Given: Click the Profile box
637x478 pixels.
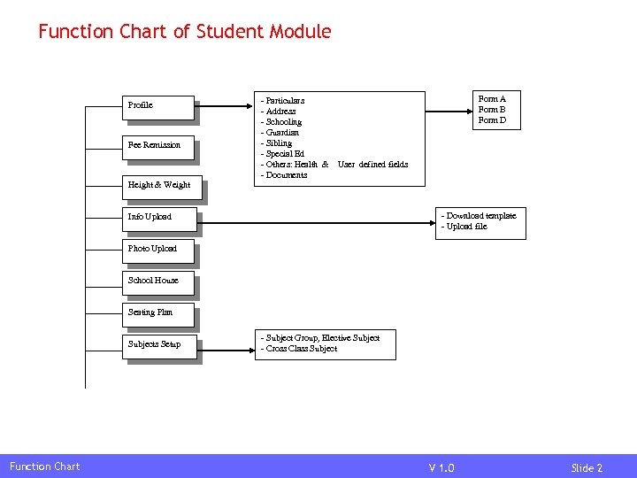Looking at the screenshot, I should pyautogui.click(x=157, y=106).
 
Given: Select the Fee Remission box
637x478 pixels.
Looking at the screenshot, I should pyautogui.click(x=157, y=146).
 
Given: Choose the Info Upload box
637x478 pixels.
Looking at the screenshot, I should pyautogui.click(x=157, y=218).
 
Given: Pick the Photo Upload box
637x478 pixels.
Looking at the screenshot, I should pyautogui.click(x=157, y=250).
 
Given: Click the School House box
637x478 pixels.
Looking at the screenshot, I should pyautogui.click(x=157, y=281).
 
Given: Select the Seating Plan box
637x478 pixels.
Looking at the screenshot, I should pyautogui.click(x=157, y=313).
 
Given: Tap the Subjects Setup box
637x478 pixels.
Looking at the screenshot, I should pyautogui.click(x=157, y=345).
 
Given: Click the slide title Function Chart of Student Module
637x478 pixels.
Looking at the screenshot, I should pyautogui.click(x=184, y=32).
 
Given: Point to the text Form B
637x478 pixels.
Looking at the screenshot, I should pyautogui.click(x=492, y=110).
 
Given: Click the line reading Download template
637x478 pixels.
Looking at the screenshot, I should pyautogui.click(x=480, y=216).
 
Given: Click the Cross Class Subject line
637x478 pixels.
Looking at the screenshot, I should pyautogui.click(x=300, y=349).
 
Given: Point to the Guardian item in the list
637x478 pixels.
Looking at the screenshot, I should pyautogui.click(x=281, y=133).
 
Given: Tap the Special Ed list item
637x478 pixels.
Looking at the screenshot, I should pyautogui.click(x=284, y=154).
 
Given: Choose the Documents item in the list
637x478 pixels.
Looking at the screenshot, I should pyautogui.click(x=285, y=175).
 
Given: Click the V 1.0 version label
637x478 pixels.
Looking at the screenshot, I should pyautogui.click(x=441, y=467).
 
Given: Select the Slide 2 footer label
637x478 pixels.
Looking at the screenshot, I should pyautogui.click(x=587, y=467).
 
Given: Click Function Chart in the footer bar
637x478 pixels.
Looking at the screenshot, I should pyautogui.click(x=44, y=466).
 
